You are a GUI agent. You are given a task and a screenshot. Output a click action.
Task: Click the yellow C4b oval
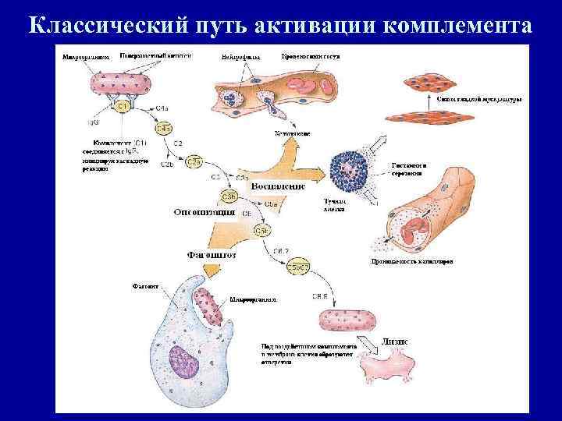coord(164,129)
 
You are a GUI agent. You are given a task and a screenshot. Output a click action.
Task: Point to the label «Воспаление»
coord(278,186)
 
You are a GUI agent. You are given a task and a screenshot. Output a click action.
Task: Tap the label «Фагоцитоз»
coord(212,253)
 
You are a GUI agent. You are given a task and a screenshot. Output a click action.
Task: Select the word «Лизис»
coord(397,341)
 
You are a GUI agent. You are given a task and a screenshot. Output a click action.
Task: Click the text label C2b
coord(167,165)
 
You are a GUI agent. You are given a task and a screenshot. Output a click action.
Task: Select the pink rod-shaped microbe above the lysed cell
coord(347,320)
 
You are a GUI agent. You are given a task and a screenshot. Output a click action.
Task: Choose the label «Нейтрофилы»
coord(236,58)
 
